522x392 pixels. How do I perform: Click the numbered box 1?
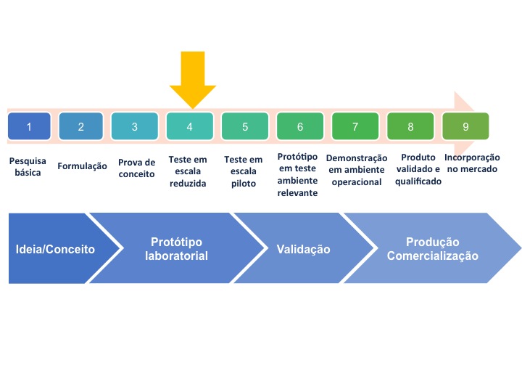pos(29,126)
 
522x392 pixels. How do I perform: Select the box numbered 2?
pos(81,126)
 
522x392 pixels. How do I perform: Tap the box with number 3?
pos(135,126)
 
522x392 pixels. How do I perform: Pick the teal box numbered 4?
pos(190,126)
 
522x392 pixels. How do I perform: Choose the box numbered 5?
pos(245,126)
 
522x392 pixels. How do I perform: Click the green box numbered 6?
pos(300,126)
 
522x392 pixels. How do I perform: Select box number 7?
pos(355,126)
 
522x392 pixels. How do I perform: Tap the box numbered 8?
pos(410,126)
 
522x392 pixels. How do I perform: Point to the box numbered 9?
pos(465,126)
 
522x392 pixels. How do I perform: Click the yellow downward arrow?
pos(193,80)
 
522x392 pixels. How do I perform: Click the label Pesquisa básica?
pos(28,167)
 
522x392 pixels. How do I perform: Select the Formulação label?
pos(82,166)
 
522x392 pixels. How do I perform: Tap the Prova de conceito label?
pos(136,168)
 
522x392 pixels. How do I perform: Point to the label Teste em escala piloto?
pos(244,171)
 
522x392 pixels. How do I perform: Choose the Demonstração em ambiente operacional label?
pos(357,170)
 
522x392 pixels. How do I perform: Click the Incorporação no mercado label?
pos(472,163)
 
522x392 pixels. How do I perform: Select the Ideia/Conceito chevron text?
pos(55,249)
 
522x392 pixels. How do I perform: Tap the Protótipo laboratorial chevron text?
pos(176,249)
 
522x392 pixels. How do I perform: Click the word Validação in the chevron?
pos(303,249)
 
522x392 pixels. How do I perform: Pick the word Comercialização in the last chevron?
pos(432,256)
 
